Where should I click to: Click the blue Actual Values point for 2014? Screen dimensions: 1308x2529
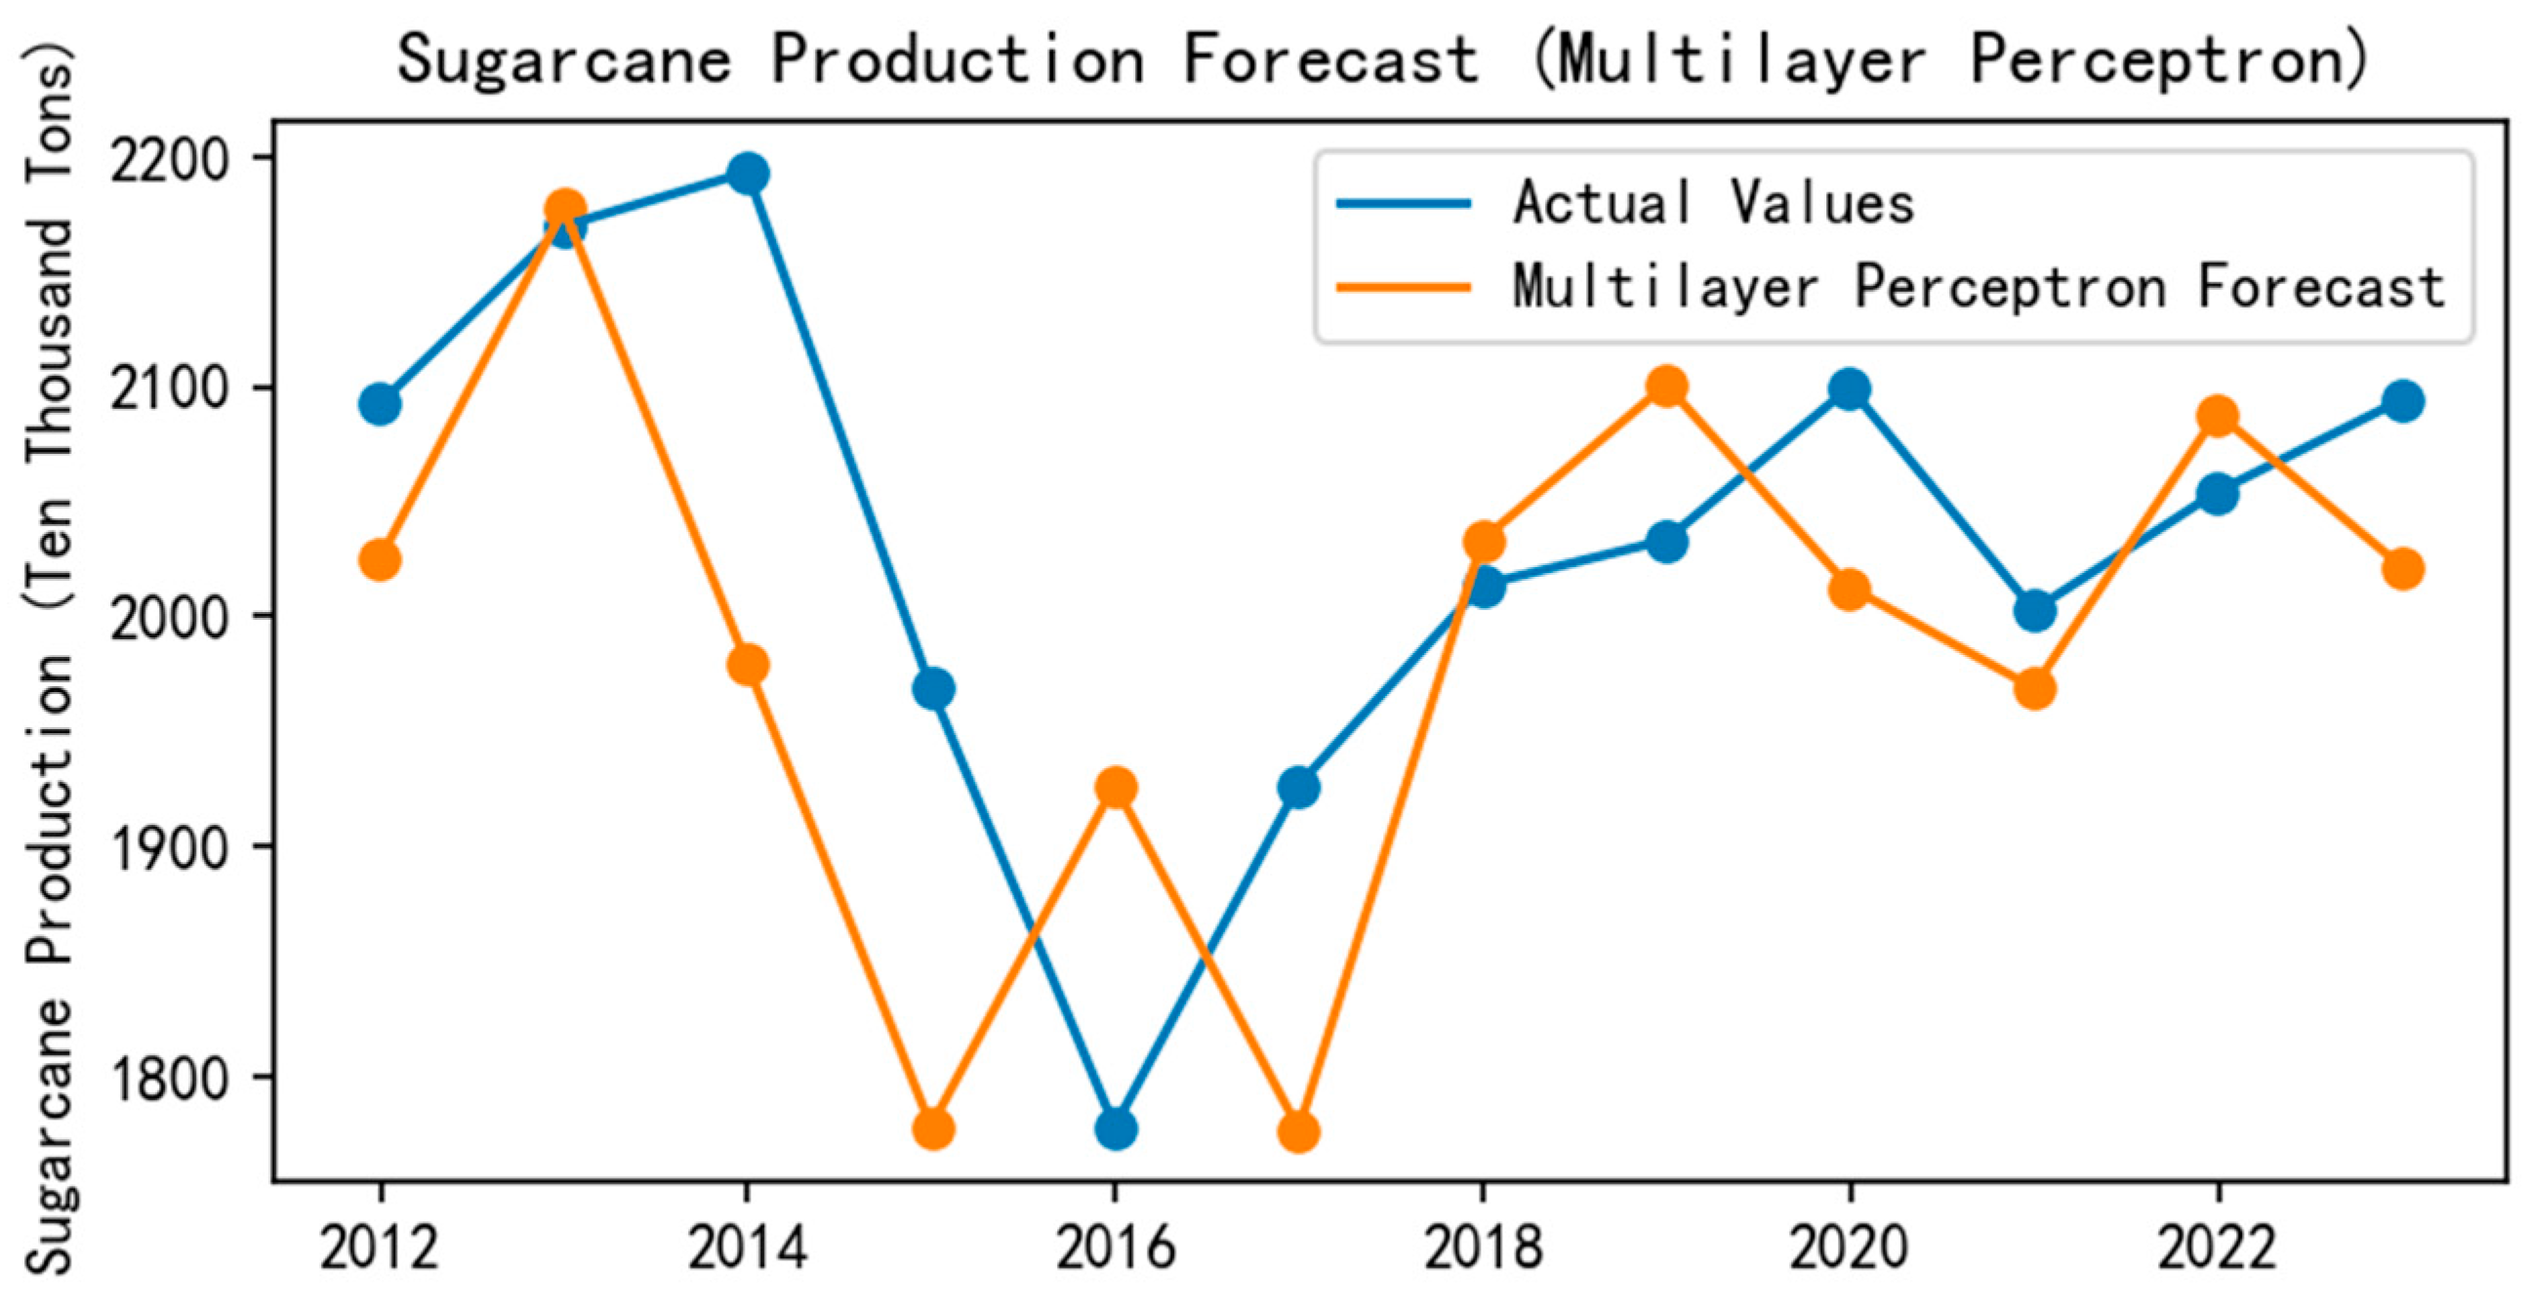click(747, 175)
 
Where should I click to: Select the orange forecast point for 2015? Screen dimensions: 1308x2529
click(933, 1129)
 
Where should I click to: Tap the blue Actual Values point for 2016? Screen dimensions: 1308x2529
click(1116, 1129)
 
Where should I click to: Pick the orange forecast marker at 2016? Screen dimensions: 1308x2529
click(1116, 787)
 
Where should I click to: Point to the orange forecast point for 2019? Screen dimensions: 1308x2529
click(1667, 387)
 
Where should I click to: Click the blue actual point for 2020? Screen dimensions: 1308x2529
click(1850, 390)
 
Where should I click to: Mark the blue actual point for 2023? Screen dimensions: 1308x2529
click(2402, 400)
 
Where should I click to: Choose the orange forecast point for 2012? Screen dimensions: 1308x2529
click(380, 560)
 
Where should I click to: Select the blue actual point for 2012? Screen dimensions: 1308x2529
click(380, 403)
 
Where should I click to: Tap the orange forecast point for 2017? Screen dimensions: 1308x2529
click(1298, 1132)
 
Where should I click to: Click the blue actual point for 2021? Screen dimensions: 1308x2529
click(2034, 612)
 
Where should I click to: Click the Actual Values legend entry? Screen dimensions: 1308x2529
click(1713, 204)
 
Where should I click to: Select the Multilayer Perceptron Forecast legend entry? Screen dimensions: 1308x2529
click(1978, 288)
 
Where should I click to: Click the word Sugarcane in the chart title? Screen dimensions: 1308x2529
click(565, 59)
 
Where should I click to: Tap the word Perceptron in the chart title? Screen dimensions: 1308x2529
click(2170, 59)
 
